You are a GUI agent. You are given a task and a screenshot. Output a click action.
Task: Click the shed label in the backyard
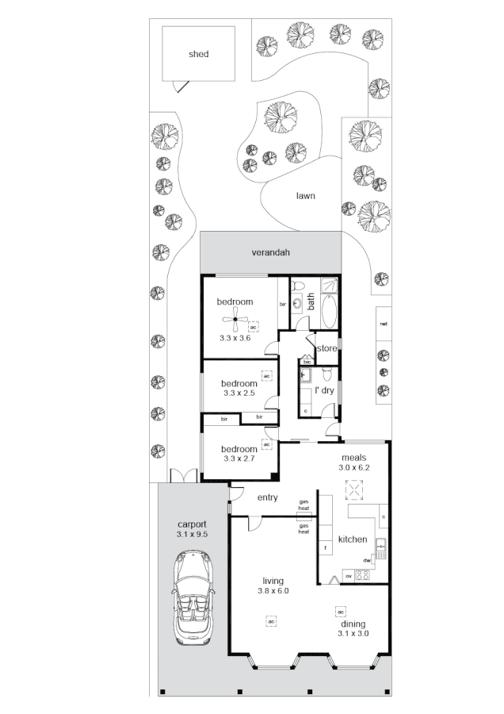pos(198,54)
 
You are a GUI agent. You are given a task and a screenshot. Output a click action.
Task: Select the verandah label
pos(271,253)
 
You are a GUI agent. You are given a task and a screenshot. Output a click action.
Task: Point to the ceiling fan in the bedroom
pos(234,321)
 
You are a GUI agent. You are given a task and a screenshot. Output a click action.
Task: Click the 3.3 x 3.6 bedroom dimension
pos(235,338)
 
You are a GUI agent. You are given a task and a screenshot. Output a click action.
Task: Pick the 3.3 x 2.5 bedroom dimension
pos(239,393)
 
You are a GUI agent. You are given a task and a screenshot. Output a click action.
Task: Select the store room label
pos(327,348)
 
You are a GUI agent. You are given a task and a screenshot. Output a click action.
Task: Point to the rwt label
pos(384,324)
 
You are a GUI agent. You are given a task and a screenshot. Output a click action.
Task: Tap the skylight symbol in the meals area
pos(353,492)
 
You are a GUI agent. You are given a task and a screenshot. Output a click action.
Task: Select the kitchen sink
pos(380,545)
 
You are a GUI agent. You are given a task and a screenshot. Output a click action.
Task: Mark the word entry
pos(268,497)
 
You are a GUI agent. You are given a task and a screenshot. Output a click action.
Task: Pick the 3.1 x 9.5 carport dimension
pos(193,535)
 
